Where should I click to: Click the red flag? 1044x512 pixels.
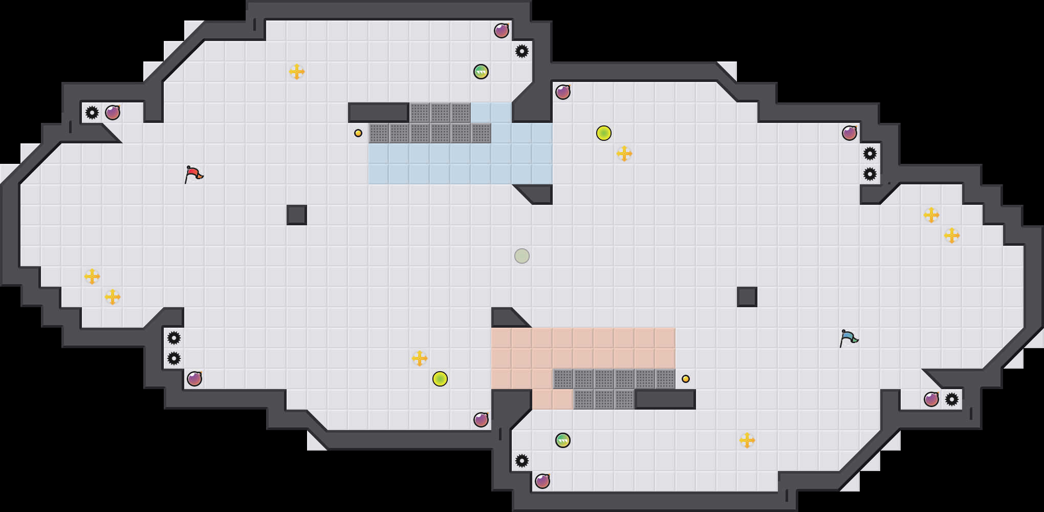193,175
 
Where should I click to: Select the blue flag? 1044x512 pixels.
849,338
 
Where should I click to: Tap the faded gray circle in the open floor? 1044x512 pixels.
522,256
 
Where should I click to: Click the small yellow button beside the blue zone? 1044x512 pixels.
358,133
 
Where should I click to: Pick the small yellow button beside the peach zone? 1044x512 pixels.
686,379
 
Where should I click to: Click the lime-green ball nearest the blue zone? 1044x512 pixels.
604,133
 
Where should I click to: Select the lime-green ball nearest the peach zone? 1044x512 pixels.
440,379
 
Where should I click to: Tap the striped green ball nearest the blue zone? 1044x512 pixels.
481,72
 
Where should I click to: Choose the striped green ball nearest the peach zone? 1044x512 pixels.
563,440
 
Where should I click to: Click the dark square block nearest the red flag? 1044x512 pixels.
297,215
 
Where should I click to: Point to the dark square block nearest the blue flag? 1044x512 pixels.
747,297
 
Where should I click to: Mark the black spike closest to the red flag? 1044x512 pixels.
92,113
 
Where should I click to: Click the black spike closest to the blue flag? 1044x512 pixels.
952,399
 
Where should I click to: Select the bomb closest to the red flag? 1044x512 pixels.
113,113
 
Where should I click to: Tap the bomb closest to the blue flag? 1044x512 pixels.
931,399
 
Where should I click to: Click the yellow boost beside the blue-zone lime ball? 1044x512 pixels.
624,154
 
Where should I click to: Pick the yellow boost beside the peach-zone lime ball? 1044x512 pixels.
420,358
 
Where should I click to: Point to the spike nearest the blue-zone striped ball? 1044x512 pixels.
522,51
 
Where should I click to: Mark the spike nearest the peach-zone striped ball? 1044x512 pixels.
522,461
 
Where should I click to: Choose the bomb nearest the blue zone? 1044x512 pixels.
563,92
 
